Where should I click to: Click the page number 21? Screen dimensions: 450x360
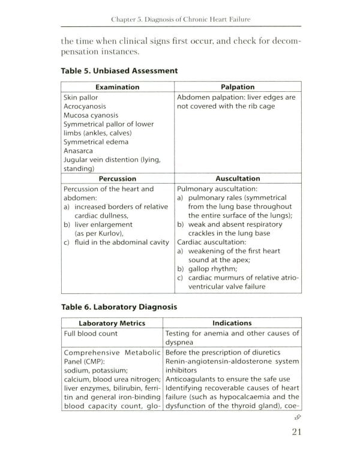(x=296, y=431)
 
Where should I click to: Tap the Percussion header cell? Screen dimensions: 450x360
(x=118, y=178)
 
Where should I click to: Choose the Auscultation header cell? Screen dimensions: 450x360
(x=238, y=178)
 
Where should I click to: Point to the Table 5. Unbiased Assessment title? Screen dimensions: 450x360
(x=119, y=70)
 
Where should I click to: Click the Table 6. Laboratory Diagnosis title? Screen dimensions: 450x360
(x=119, y=307)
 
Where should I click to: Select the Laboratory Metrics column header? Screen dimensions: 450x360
(x=112, y=323)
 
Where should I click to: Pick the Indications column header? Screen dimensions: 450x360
(x=232, y=323)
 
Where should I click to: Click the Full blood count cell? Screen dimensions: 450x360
(x=91, y=334)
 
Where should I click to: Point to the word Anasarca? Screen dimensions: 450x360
(x=79, y=151)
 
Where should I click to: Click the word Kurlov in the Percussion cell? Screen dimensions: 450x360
(x=107, y=233)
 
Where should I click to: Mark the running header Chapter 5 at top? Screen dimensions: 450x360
(x=181, y=20)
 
